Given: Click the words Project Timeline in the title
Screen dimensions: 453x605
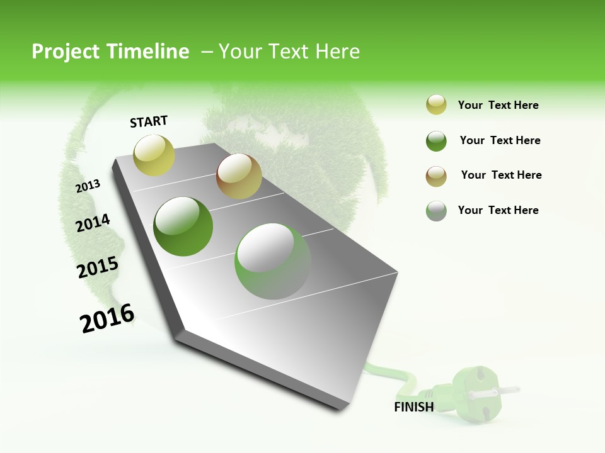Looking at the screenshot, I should (110, 52).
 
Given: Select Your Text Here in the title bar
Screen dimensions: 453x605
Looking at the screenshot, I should (289, 52).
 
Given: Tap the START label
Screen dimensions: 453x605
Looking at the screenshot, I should (149, 121).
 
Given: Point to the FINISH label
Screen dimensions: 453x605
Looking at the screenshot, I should (414, 407).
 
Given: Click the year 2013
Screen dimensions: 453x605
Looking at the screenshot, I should (88, 186).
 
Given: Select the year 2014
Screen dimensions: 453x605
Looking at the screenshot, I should (93, 223).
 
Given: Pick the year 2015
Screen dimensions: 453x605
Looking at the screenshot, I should (98, 267).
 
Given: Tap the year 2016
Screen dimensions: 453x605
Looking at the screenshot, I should (107, 318).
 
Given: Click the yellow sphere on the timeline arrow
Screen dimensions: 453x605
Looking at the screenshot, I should (154, 155).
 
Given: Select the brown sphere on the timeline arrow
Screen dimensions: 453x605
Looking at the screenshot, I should (239, 176).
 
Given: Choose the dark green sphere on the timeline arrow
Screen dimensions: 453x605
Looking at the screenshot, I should (183, 226).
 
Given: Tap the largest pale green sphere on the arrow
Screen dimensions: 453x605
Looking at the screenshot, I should (273, 261).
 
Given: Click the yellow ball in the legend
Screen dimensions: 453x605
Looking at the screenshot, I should (436, 105).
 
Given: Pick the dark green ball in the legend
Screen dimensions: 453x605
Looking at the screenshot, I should (436, 141).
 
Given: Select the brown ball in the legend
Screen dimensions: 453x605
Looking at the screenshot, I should (436, 176).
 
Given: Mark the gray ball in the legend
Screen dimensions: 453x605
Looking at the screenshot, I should (436, 211).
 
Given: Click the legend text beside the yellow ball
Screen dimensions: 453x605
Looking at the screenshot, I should (498, 105).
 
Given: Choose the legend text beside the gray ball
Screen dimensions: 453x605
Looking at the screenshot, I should (498, 210).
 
